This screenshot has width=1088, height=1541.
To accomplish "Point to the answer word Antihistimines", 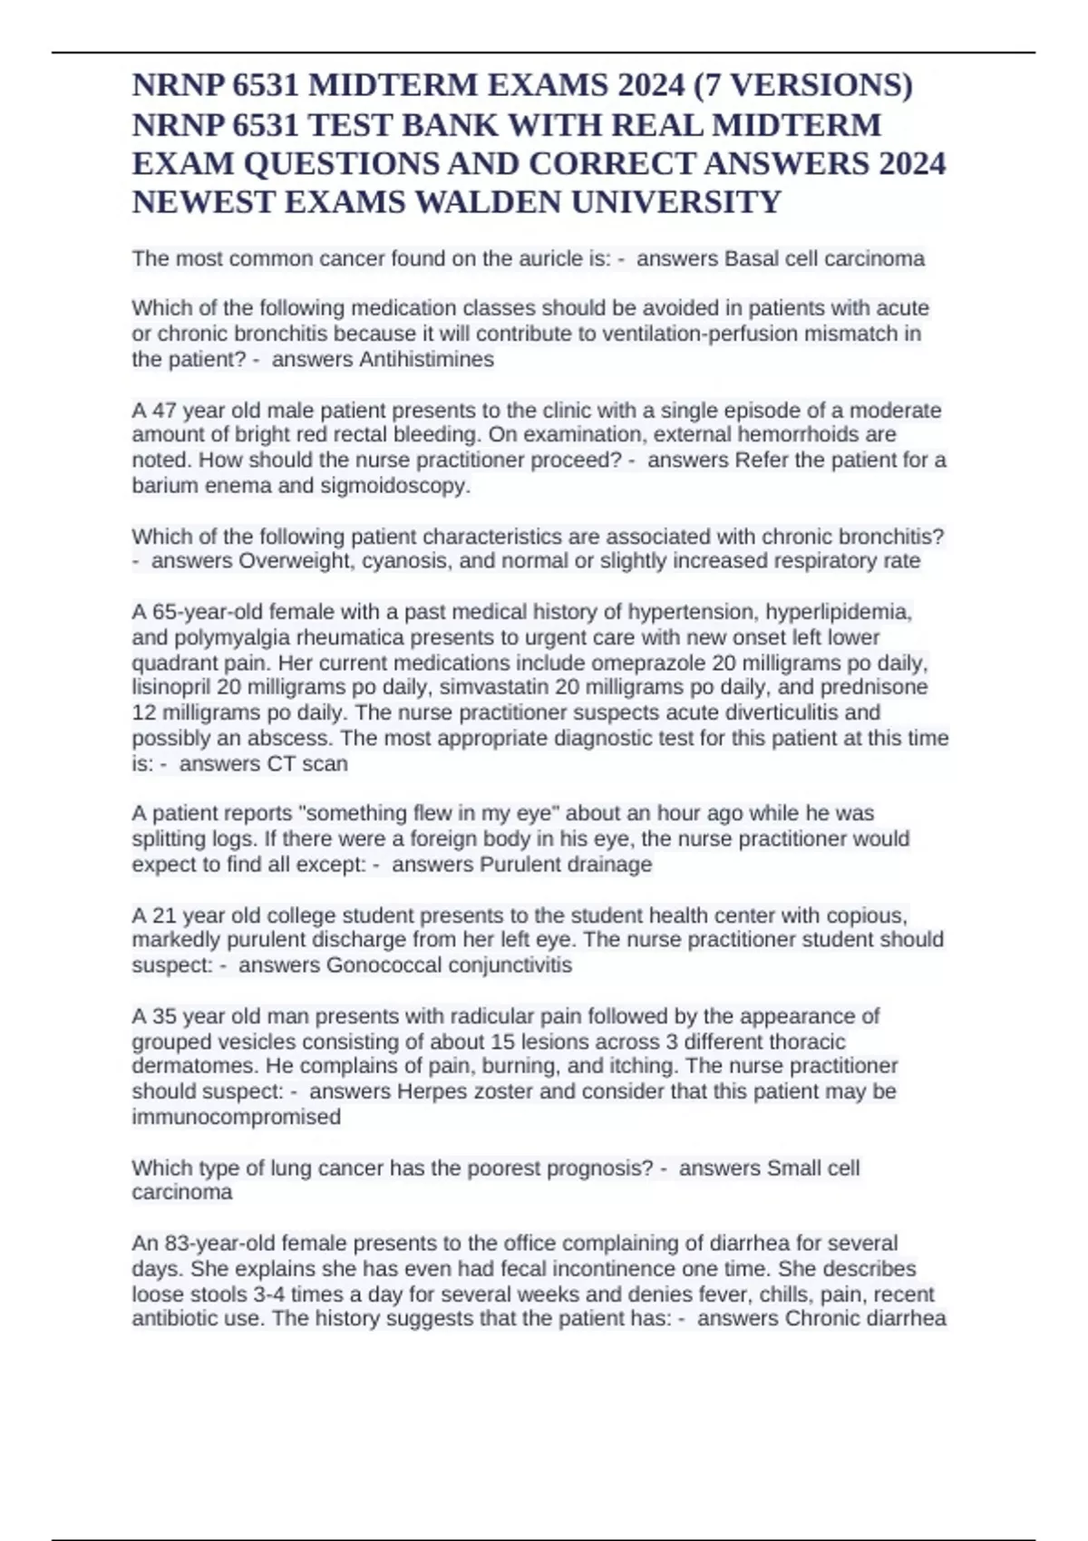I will click(426, 359).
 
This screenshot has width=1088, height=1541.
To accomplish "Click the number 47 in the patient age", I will click(164, 410).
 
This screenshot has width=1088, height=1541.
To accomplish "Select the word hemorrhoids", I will click(799, 434).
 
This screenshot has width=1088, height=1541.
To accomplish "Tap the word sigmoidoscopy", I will click(399, 485).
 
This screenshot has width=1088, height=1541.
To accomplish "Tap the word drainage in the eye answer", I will click(608, 864).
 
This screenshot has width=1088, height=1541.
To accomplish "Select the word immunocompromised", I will click(236, 1116).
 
